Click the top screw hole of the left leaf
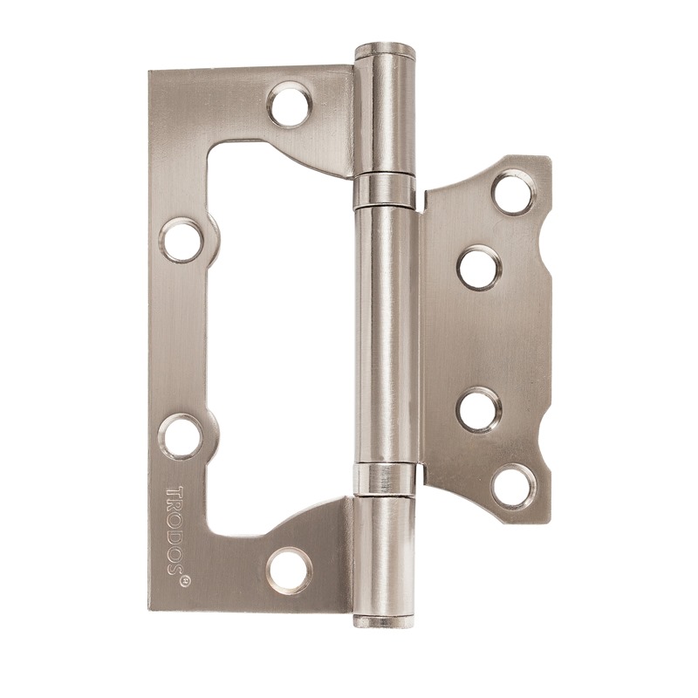290,104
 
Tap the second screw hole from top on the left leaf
181,241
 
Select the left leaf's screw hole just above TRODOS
181,436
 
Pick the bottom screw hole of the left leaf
289,571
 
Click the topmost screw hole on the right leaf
514,194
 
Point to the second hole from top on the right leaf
479,269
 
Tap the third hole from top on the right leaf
479,409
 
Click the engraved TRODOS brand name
175,529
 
